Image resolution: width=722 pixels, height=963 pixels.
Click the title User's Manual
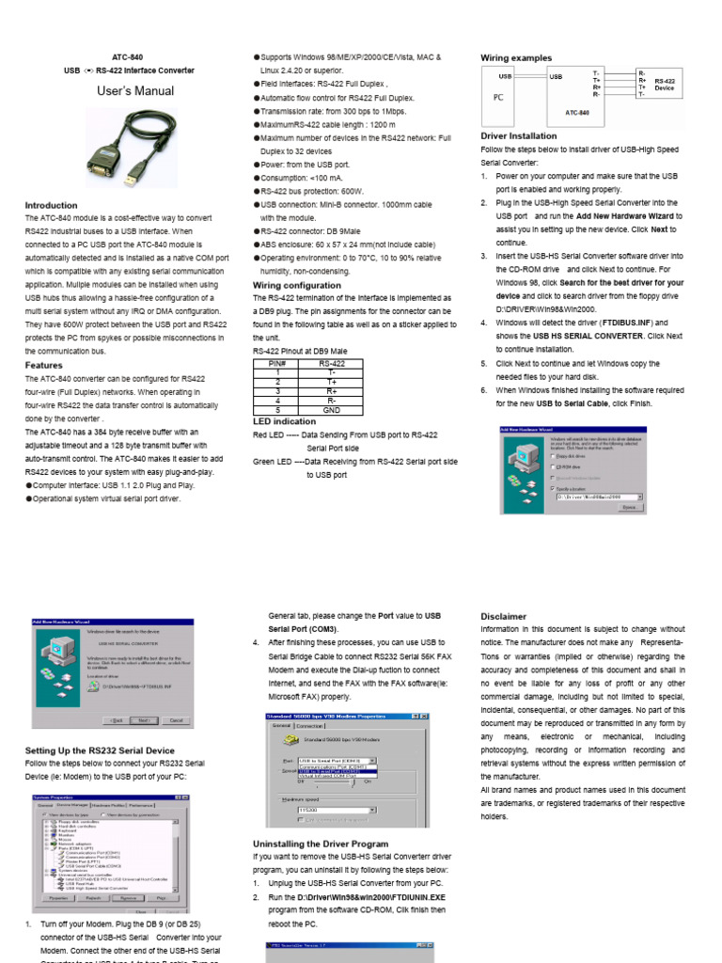pos(135,91)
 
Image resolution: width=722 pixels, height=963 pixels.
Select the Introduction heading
pos(51,205)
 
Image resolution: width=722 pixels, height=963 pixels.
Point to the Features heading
pos(43,365)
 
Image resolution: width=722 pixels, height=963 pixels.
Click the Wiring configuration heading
pos(296,284)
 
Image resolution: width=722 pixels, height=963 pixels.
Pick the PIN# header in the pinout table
pos(277,362)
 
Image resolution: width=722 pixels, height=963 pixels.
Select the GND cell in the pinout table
pos(332,410)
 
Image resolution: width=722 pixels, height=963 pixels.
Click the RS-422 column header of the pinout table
pos(332,362)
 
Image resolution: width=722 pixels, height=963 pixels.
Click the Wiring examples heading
pos(516,58)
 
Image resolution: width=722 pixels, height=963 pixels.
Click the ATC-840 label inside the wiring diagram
pos(578,113)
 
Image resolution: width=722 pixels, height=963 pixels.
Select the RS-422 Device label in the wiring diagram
pos(664,85)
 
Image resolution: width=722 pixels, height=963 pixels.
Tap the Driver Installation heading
pos(518,135)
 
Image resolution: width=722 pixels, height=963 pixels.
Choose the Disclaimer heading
pos(503,617)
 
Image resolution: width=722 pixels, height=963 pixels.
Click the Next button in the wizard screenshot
pos(143,720)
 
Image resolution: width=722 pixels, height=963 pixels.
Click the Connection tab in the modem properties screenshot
pos(310,726)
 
